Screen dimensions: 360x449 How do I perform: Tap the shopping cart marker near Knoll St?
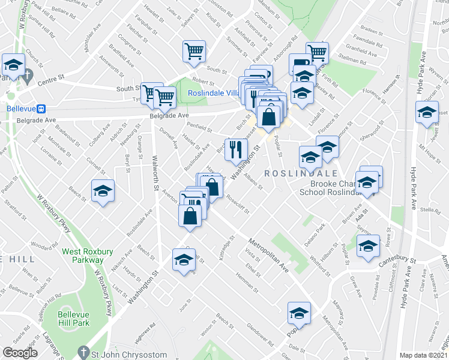[194, 52]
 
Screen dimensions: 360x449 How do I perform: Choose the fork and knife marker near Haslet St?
[235, 148]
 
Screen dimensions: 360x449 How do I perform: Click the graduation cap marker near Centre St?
[13, 65]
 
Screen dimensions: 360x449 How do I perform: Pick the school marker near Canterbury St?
[368, 246]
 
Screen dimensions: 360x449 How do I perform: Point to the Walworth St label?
[155, 172]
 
